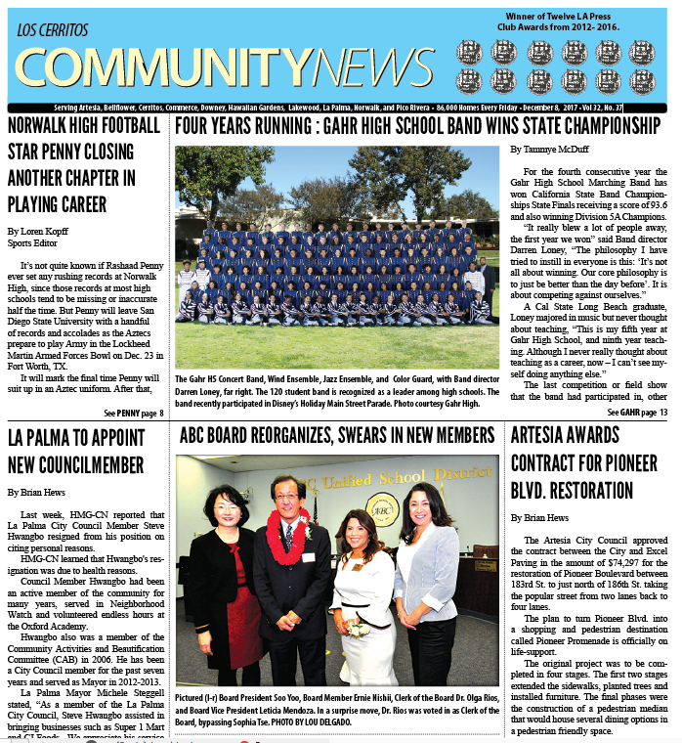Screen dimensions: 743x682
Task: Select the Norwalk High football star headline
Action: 84,165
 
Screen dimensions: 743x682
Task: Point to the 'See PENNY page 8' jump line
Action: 134,413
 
